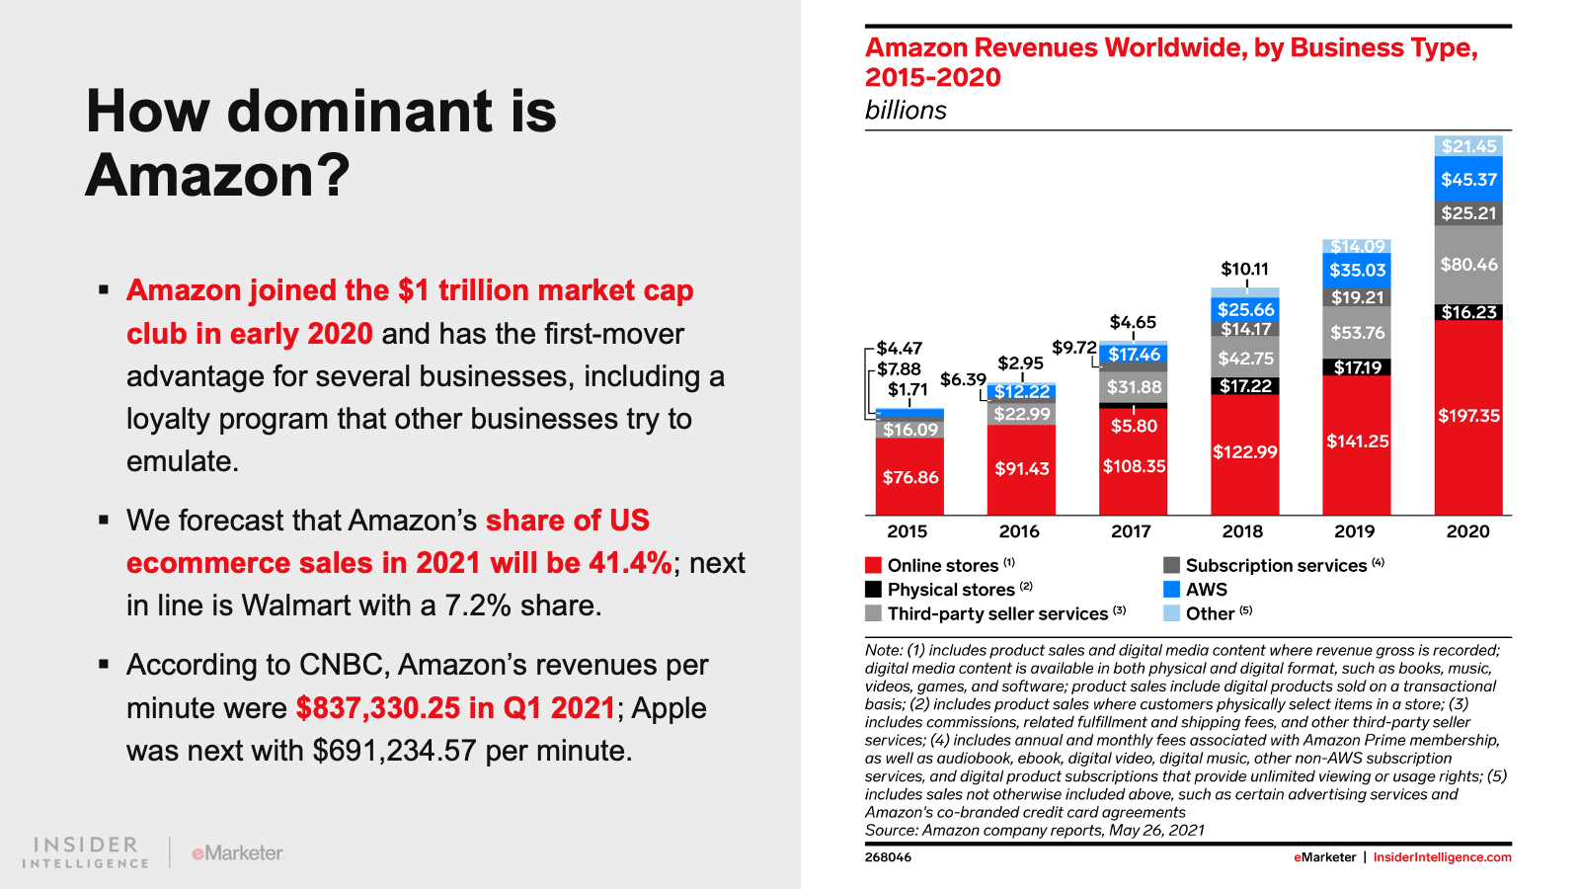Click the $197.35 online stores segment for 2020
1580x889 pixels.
point(1468,416)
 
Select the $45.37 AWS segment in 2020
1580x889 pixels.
point(1468,180)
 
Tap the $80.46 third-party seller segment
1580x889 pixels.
point(1468,265)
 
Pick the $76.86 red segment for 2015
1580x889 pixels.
point(909,477)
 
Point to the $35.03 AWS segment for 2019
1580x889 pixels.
point(1357,270)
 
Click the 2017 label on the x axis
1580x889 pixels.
point(1131,531)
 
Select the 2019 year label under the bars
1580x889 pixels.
point(1354,531)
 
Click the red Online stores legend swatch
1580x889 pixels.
point(873,565)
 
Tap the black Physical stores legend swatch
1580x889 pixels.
point(873,589)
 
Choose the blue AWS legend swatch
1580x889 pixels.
point(1171,589)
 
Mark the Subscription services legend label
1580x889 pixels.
point(1276,565)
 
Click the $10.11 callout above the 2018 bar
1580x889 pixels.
point(1244,269)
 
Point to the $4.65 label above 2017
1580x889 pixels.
point(1133,322)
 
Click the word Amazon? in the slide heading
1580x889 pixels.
point(218,176)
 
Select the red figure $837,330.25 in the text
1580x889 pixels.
point(378,708)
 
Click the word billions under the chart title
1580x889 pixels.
point(906,111)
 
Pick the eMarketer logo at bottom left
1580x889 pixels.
point(237,852)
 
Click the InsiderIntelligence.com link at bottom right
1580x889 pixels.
point(1442,857)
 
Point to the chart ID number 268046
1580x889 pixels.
point(888,857)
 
